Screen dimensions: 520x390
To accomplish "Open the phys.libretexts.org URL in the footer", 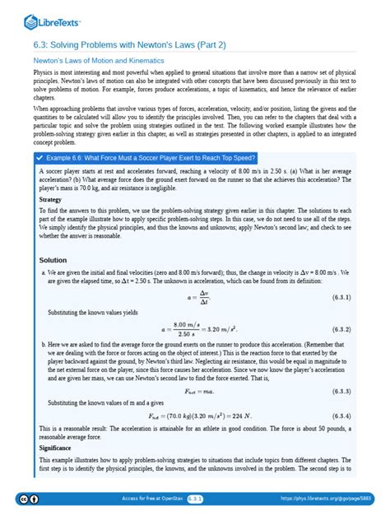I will tap(327, 499).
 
